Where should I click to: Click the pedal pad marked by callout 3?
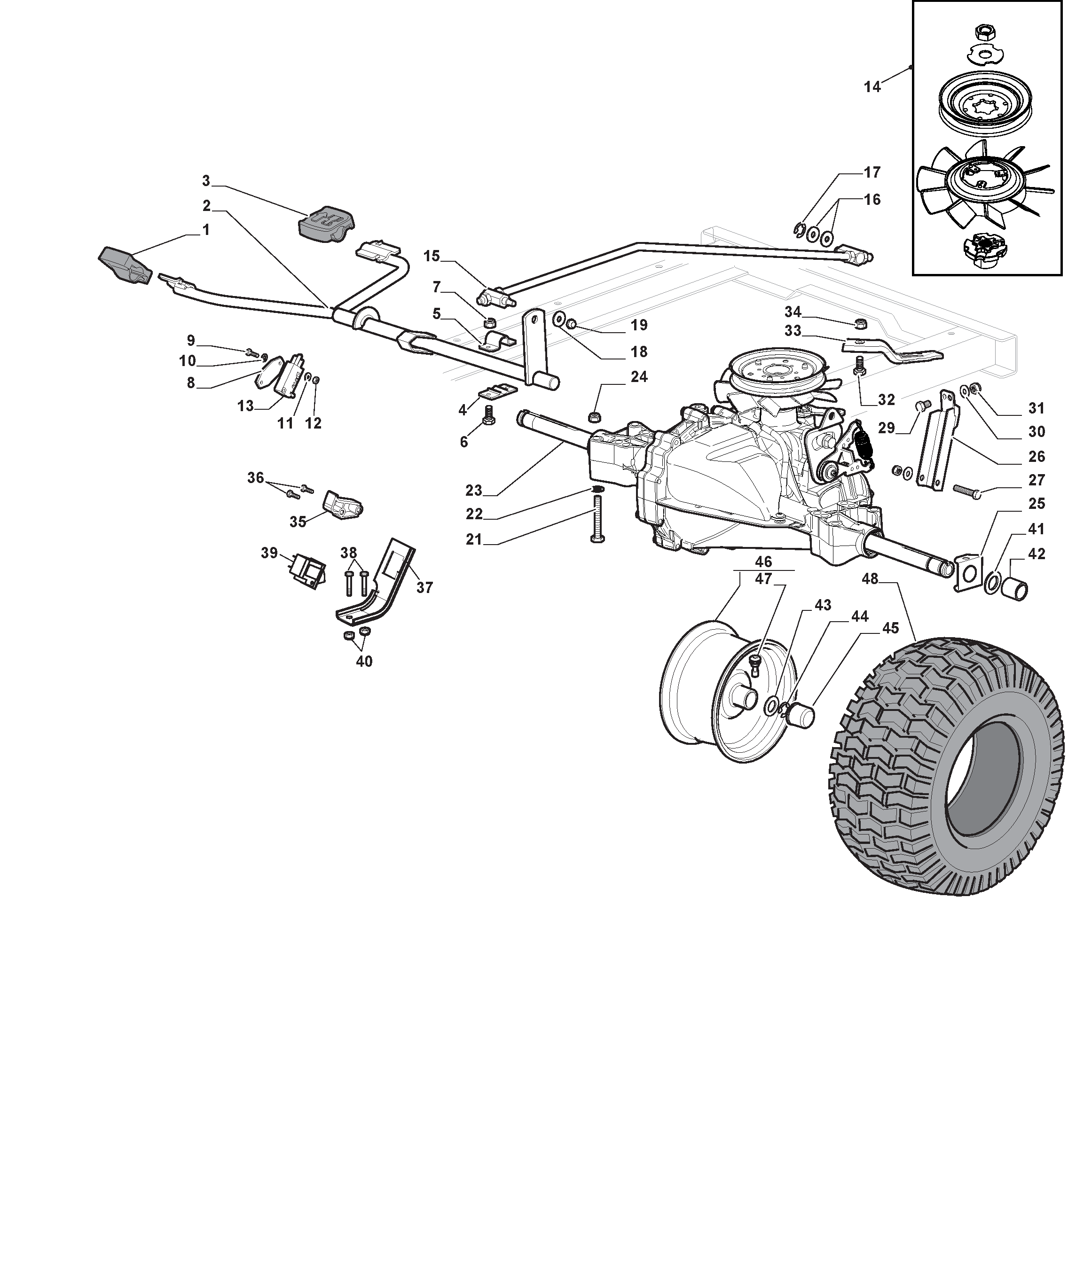[x=325, y=222]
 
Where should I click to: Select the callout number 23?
[x=474, y=490]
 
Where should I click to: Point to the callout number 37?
[x=424, y=587]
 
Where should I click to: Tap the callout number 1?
[x=205, y=230]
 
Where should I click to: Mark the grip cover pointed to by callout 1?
[x=126, y=265]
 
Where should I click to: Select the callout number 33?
[x=793, y=331]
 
